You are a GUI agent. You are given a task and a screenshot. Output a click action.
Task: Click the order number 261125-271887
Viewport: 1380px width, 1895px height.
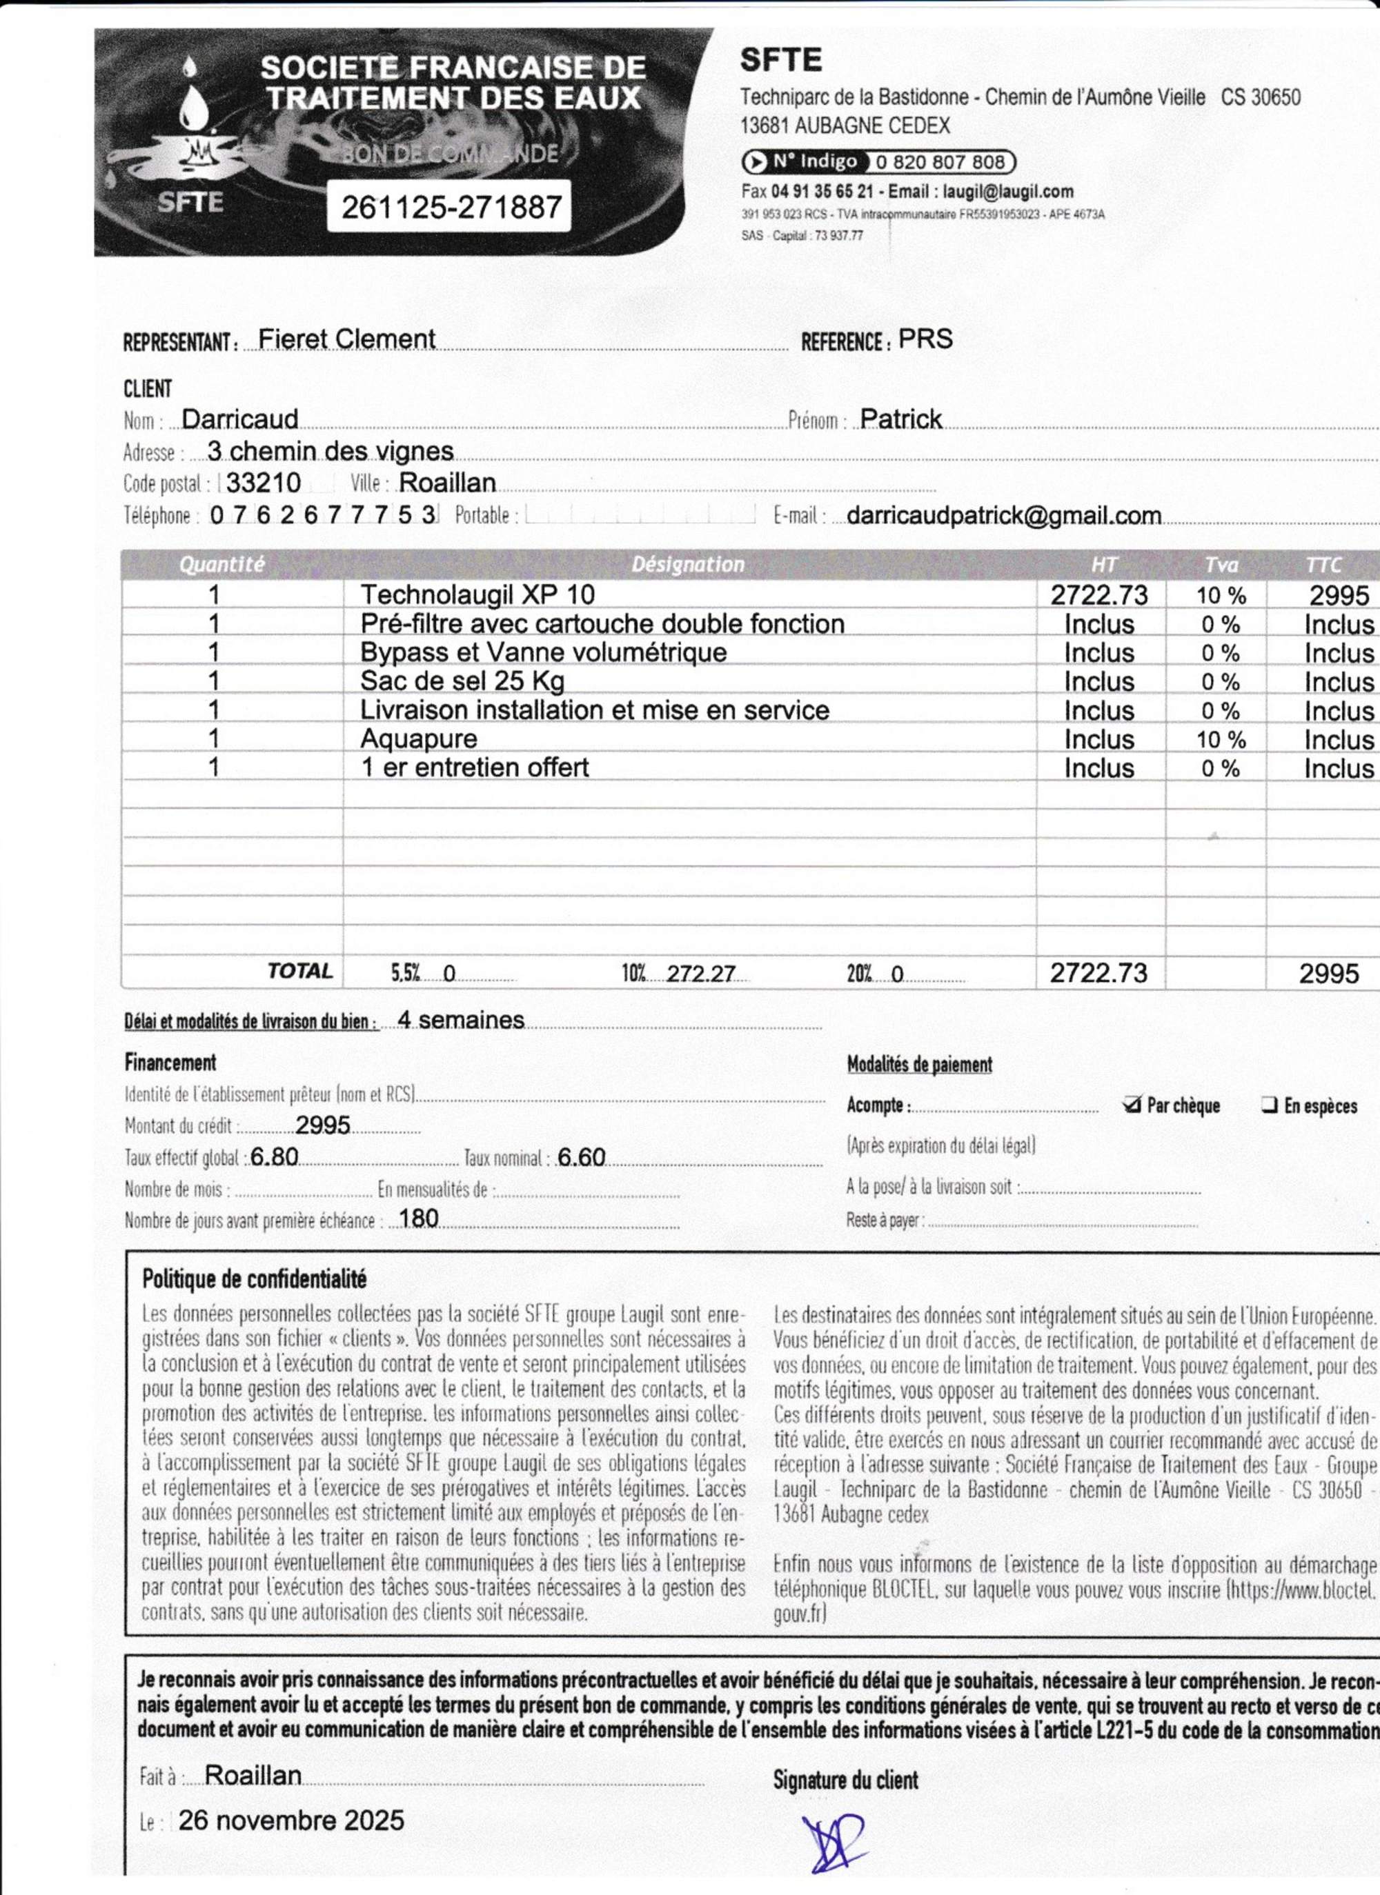[451, 206]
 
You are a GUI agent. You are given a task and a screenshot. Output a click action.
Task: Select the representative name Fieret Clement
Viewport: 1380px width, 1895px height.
[347, 339]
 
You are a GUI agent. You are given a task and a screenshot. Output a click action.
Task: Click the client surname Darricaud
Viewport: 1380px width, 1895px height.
[240, 419]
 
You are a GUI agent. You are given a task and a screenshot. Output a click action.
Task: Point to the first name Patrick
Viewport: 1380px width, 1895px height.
[900, 419]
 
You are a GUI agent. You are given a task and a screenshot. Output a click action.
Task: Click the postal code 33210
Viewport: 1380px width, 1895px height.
[264, 483]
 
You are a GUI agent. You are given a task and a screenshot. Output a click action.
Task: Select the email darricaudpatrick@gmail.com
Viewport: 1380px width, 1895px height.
[1003, 516]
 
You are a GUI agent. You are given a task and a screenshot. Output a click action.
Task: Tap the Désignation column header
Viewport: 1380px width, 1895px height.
[687, 564]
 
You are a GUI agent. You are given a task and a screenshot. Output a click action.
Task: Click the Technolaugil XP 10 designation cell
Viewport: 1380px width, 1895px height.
[477, 595]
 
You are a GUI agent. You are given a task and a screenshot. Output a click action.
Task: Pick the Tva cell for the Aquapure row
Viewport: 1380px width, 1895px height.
[1221, 739]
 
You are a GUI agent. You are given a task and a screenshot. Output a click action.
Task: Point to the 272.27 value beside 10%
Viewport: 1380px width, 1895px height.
[700, 974]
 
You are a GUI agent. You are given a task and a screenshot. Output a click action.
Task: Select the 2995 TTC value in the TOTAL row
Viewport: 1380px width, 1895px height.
[1328, 974]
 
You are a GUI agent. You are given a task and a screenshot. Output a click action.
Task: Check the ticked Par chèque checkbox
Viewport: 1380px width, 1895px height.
[1132, 1105]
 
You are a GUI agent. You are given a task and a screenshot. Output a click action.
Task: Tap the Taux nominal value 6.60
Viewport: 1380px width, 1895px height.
[581, 1157]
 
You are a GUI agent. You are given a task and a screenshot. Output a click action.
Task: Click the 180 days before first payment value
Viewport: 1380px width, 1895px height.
[419, 1219]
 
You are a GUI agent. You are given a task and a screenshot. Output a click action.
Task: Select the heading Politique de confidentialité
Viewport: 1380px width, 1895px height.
[254, 1279]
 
